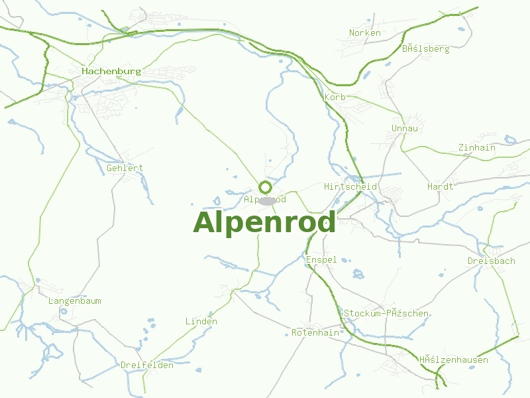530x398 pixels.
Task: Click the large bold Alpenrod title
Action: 264,223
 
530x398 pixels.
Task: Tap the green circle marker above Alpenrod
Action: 265,187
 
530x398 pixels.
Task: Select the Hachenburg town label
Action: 111,70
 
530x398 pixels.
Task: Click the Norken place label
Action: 364,33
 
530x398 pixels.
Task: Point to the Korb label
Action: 335,98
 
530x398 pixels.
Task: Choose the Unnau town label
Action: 405,128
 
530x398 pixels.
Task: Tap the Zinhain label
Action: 476,148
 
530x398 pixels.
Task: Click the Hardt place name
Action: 441,186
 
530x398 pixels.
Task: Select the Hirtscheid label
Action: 350,186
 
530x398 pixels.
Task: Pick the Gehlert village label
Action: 125,168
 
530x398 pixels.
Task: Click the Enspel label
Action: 321,259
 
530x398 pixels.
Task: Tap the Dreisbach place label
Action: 491,261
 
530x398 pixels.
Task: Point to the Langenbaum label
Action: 75,300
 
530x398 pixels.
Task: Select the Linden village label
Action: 201,321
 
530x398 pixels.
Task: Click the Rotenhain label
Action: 315,332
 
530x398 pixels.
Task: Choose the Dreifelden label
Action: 147,365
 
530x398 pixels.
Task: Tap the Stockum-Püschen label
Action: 386,313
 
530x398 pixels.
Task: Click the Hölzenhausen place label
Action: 453,360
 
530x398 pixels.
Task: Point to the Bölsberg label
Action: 425,48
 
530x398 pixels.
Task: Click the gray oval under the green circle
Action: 266,200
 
